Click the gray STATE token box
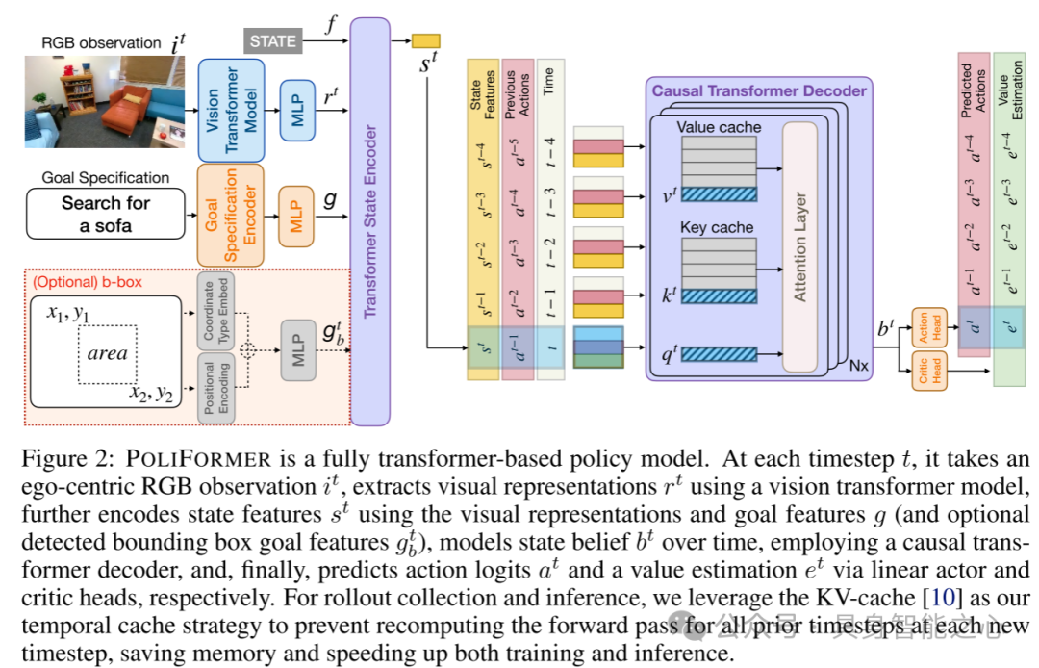[273, 41]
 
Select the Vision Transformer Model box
[230, 110]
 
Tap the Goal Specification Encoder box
[230, 215]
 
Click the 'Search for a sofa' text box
[106, 215]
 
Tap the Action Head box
[929, 328]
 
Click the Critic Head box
[929, 371]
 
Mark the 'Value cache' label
[719, 127]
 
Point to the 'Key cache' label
[717, 228]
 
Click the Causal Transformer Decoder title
[759, 91]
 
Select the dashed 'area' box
[108, 353]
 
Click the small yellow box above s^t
[425, 40]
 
